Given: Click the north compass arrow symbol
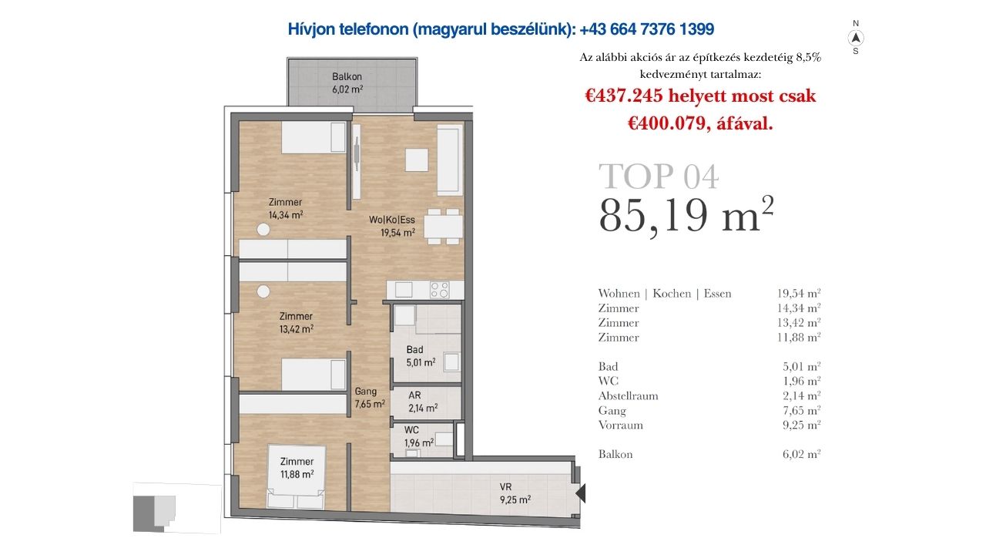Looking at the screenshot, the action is (855, 39).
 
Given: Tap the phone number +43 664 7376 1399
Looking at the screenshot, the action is (646, 29).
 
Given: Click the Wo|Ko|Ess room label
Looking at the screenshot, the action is (392, 226).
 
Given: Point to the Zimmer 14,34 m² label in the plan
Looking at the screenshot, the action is (286, 208).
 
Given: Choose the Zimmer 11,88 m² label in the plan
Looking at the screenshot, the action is (297, 468).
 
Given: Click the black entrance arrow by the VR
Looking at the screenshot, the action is (581, 493).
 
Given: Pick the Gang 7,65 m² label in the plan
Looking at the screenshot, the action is (370, 397).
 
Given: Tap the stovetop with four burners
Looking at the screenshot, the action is (440, 290).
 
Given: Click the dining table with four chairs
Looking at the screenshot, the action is (443, 227).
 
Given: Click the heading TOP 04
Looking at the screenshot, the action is (658, 177).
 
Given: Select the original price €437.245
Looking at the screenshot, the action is (623, 96).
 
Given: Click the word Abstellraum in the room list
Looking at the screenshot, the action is (628, 395).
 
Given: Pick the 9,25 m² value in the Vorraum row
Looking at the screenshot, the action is (802, 425).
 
